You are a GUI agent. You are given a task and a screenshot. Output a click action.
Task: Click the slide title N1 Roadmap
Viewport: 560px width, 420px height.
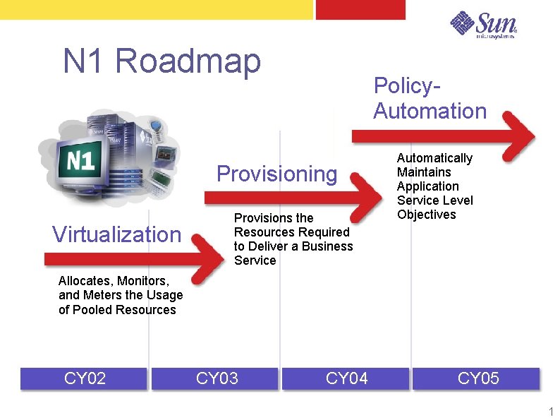tap(162, 61)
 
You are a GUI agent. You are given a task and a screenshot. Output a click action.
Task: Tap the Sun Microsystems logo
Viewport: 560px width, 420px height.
tap(484, 25)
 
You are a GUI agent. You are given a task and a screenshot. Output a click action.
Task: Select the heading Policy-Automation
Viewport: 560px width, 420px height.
tap(430, 98)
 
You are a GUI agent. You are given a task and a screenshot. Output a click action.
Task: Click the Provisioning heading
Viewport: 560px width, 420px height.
tap(276, 174)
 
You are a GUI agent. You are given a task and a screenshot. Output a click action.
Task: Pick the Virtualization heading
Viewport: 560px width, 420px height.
tap(116, 234)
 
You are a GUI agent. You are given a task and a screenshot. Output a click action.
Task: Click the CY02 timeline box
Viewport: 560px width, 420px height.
tap(85, 379)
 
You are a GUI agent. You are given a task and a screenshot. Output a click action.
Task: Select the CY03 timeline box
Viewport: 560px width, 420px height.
tap(217, 379)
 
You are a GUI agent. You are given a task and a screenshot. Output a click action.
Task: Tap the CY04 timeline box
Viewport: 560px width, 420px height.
tap(346, 379)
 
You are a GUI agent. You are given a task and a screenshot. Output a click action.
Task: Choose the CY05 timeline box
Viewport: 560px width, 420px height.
tap(477, 379)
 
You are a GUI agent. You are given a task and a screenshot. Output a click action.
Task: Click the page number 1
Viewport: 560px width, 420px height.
tap(551, 412)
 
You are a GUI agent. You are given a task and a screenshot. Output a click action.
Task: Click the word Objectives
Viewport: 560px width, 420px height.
tap(426, 215)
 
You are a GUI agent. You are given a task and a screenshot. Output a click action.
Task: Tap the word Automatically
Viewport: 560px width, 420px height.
tap(434, 158)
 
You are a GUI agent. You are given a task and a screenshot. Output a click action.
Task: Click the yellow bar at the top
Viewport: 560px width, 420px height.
tap(155, 9)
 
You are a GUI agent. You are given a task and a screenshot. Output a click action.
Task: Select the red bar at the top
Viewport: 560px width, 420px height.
tap(360, 9)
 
